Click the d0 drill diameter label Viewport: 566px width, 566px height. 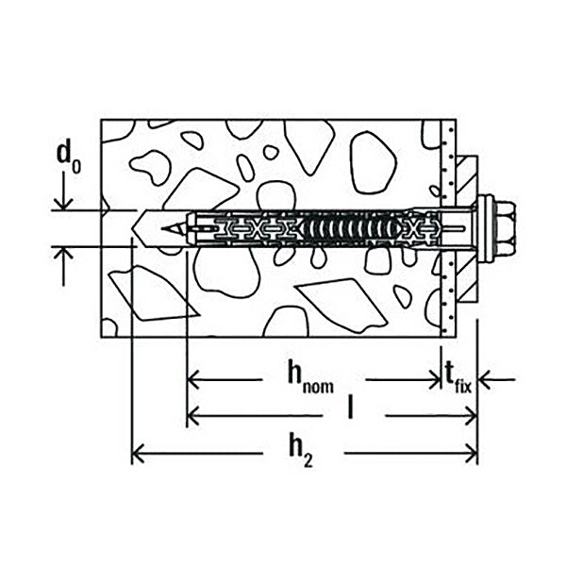pyautogui.click(x=69, y=158)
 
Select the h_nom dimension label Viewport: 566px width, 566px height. pyautogui.click(x=310, y=376)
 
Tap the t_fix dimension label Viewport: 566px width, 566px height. pyautogui.click(x=458, y=378)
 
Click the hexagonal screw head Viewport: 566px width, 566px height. pyautogui.click(x=505, y=228)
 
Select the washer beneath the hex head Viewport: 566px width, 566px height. pyautogui.click(x=486, y=228)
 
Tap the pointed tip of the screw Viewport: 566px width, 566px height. pyautogui.click(x=162, y=228)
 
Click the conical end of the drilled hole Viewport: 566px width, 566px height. pyautogui.click(x=138, y=228)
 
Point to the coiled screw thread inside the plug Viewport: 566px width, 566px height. pyautogui.click(x=351, y=228)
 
